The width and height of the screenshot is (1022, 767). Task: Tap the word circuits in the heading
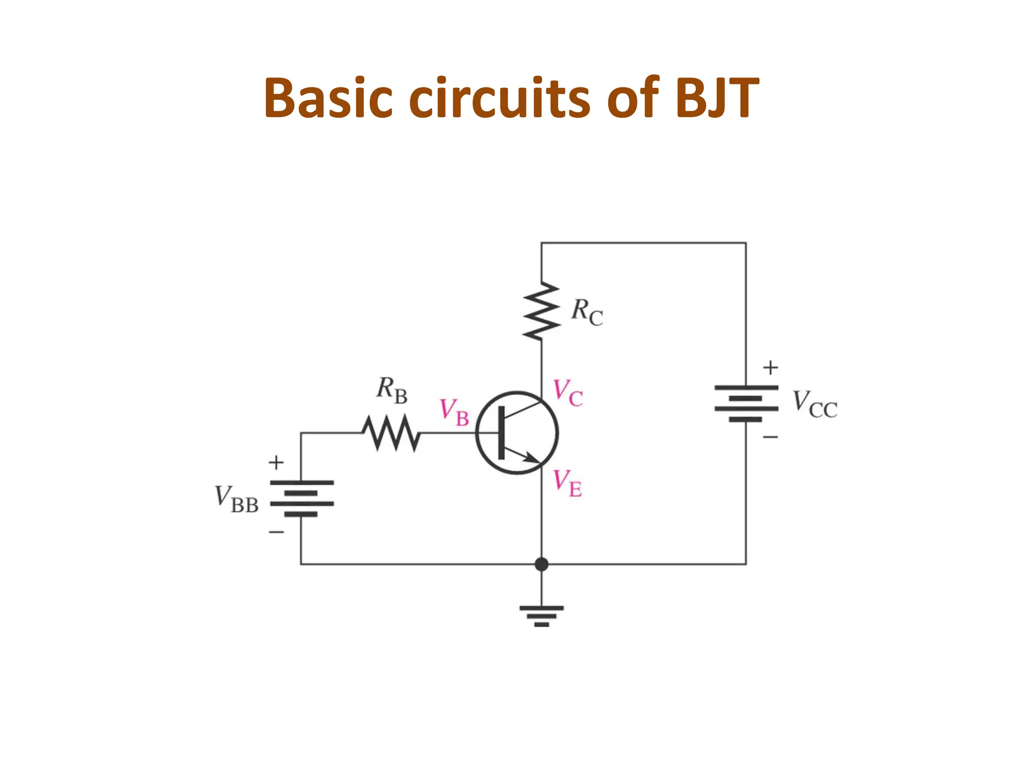coord(500,98)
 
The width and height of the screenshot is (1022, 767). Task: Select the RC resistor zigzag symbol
coord(541,311)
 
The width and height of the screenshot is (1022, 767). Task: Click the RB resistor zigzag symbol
coord(391,433)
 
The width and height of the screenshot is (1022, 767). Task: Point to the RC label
coord(586,312)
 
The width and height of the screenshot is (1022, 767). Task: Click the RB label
coord(392,390)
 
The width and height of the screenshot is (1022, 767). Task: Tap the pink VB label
coord(454,412)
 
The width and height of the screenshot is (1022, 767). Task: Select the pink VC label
coord(568,393)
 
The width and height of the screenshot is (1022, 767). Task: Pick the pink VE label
coord(567,483)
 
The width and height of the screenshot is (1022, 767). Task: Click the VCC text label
coord(815,404)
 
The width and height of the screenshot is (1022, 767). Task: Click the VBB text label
coord(237,499)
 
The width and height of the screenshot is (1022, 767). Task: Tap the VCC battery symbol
coord(746,403)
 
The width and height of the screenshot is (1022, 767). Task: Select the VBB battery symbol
coord(301,498)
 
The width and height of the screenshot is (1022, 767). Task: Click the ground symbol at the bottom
coord(541,616)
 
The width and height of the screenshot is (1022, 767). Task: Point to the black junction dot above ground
coord(541,564)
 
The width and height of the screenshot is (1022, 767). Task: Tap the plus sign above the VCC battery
coord(770,368)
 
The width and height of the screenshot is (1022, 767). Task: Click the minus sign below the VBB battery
coord(276,532)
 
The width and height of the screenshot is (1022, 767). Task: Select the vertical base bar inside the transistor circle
coord(502,432)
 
